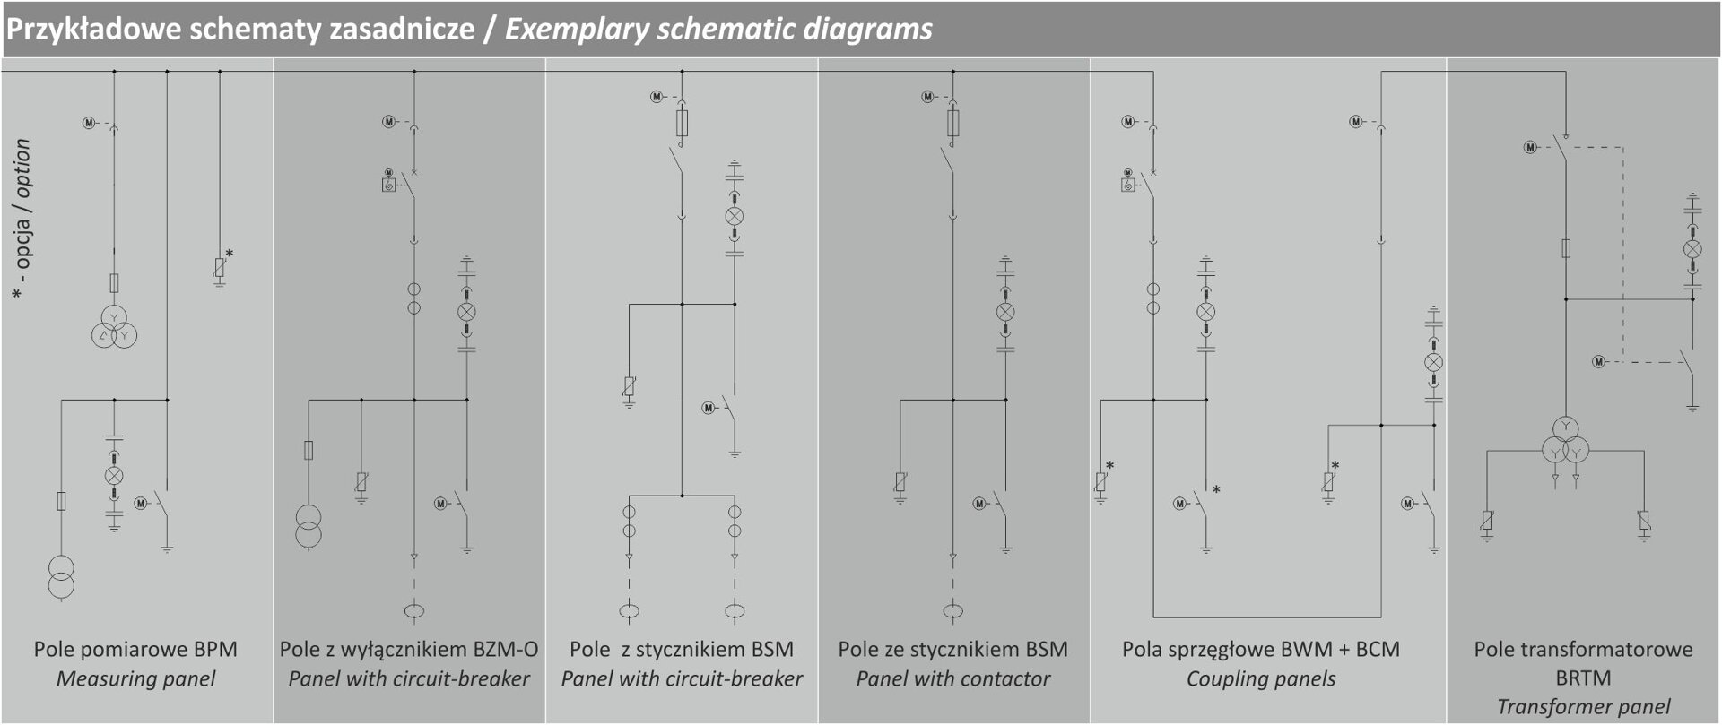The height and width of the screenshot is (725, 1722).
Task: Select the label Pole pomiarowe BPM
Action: pyautogui.click(x=135, y=649)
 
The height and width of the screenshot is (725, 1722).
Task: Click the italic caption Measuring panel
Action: pyautogui.click(x=135, y=678)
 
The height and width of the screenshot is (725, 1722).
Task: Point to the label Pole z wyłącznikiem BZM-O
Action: pyautogui.click(x=409, y=649)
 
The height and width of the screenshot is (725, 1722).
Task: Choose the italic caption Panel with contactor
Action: pyautogui.click(x=952, y=678)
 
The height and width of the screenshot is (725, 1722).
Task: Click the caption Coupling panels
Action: pyautogui.click(x=1260, y=678)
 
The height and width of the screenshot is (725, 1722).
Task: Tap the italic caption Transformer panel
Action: pyautogui.click(x=1583, y=707)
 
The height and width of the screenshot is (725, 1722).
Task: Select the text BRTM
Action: pyautogui.click(x=1583, y=678)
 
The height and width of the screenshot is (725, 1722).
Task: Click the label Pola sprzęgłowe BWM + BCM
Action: pyautogui.click(x=1260, y=649)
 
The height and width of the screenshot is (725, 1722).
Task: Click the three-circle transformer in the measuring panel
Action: pyautogui.click(x=114, y=327)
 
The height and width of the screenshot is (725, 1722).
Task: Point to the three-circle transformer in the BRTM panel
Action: pyautogui.click(x=1566, y=441)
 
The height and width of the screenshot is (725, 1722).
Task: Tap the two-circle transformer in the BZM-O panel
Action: pyautogui.click(x=309, y=527)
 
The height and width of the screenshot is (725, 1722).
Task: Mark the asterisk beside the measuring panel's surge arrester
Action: pyautogui.click(x=230, y=255)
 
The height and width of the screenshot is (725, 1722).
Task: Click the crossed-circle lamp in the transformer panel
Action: pyautogui.click(x=1692, y=248)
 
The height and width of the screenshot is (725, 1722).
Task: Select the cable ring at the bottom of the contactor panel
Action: pyautogui.click(x=952, y=612)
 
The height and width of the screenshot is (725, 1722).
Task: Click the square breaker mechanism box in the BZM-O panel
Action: pyautogui.click(x=389, y=186)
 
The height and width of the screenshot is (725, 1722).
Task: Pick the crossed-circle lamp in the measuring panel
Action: pyautogui.click(x=114, y=476)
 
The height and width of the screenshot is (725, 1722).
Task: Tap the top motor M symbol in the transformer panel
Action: pyautogui.click(x=1530, y=147)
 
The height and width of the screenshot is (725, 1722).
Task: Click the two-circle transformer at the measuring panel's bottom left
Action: pyautogui.click(x=61, y=577)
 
